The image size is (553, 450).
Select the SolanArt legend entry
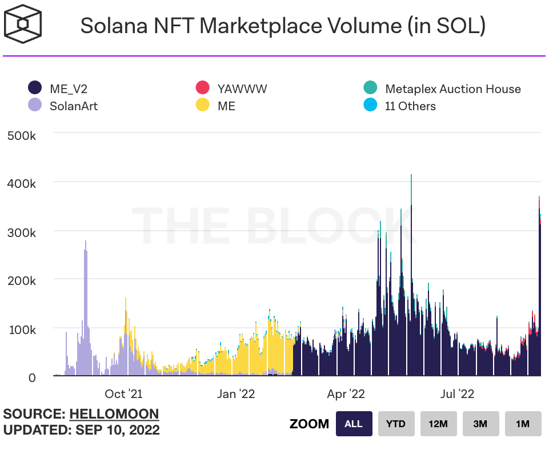click(x=63, y=106)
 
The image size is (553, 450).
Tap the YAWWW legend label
click(x=242, y=89)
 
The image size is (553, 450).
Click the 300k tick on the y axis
click(x=22, y=232)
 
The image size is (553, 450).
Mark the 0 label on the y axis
click(x=32, y=377)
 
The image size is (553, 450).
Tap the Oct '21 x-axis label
click(x=123, y=394)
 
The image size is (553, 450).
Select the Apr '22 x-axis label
click(x=346, y=394)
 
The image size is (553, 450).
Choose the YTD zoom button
click(x=395, y=424)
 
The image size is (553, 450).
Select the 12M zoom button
click(x=438, y=424)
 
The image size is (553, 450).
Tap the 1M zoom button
click(x=522, y=424)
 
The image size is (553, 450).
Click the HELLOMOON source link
click(x=114, y=414)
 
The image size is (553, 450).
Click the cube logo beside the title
click(x=23, y=25)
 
